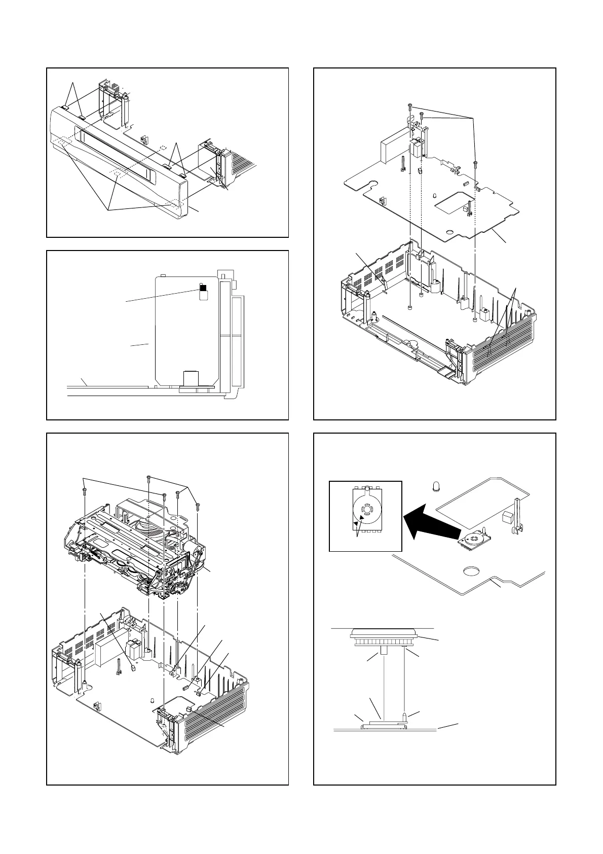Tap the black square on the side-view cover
[x=203, y=288]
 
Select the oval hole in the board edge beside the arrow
[x=472, y=572]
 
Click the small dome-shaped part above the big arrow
[x=435, y=487]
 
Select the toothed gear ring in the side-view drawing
[x=384, y=643]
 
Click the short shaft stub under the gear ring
[x=384, y=651]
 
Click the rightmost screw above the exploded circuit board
[x=475, y=163]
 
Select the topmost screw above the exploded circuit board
[x=409, y=105]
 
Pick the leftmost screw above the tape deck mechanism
[x=84, y=490]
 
